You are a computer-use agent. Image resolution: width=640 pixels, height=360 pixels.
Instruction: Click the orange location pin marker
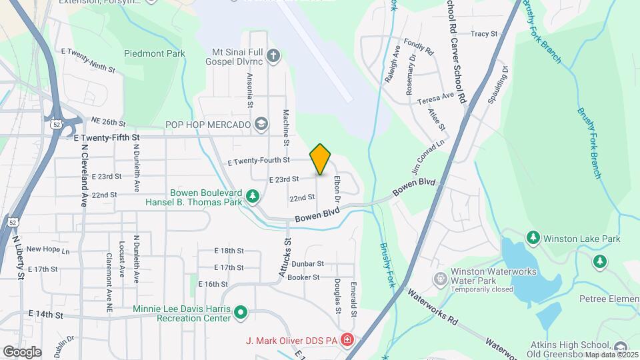point(321,159)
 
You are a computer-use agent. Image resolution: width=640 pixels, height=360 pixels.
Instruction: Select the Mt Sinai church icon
point(273,55)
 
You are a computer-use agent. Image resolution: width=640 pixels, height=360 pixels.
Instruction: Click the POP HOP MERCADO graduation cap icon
point(261,124)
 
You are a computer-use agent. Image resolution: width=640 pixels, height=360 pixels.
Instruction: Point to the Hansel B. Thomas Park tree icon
point(252,196)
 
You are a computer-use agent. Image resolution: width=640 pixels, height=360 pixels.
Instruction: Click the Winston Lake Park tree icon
point(533,237)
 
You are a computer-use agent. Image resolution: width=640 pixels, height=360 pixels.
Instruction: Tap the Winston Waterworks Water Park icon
point(439,277)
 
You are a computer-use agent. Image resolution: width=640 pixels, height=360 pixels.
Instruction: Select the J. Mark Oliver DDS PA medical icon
point(347,341)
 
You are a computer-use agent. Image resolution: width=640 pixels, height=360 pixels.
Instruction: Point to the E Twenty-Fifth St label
point(107,137)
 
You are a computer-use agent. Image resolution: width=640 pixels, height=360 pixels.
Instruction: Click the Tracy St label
point(484,33)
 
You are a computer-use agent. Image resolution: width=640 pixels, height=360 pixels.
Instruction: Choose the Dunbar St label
point(307,264)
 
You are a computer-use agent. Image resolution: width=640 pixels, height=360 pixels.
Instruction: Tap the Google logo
point(21,352)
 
